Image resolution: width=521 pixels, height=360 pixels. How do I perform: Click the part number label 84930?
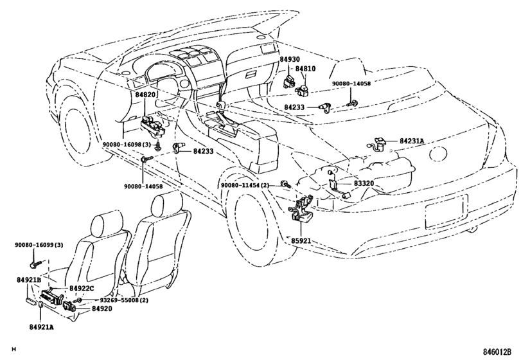(289, 59)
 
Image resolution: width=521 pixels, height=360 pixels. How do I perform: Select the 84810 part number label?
(306, 69)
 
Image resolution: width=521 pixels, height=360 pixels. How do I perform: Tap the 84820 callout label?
(145, 94)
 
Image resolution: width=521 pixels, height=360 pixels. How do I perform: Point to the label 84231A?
(412, 141)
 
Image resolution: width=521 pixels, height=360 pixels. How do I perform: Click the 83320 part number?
(364, 183)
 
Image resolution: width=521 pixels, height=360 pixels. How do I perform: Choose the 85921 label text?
(301, 240)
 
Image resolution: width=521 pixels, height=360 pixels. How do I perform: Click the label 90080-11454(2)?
(245, 185)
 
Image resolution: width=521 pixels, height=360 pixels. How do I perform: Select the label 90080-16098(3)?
(127, 144)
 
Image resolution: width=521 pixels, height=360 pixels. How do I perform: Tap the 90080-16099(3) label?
(39, 245)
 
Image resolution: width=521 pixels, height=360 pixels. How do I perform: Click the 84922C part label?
(82, 288)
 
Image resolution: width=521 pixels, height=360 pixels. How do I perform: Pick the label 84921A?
(41, 327)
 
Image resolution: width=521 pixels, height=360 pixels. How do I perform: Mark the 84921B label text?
(29, 280)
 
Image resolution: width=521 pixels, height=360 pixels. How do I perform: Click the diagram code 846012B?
(497, 352)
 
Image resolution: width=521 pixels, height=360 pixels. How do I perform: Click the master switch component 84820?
(153, 125)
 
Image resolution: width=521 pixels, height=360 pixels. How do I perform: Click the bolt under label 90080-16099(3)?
(35, 265)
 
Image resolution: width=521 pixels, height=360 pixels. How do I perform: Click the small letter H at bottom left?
(13, 349)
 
